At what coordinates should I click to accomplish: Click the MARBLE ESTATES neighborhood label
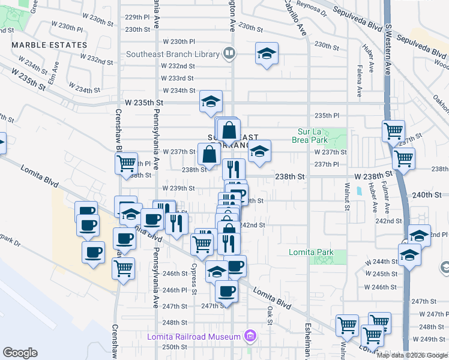49,45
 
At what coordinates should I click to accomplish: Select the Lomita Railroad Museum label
193,337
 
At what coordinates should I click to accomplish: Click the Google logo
20,353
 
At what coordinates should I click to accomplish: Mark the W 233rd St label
177,78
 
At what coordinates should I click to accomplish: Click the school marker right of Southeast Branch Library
267,54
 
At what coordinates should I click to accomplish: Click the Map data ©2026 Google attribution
412,355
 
